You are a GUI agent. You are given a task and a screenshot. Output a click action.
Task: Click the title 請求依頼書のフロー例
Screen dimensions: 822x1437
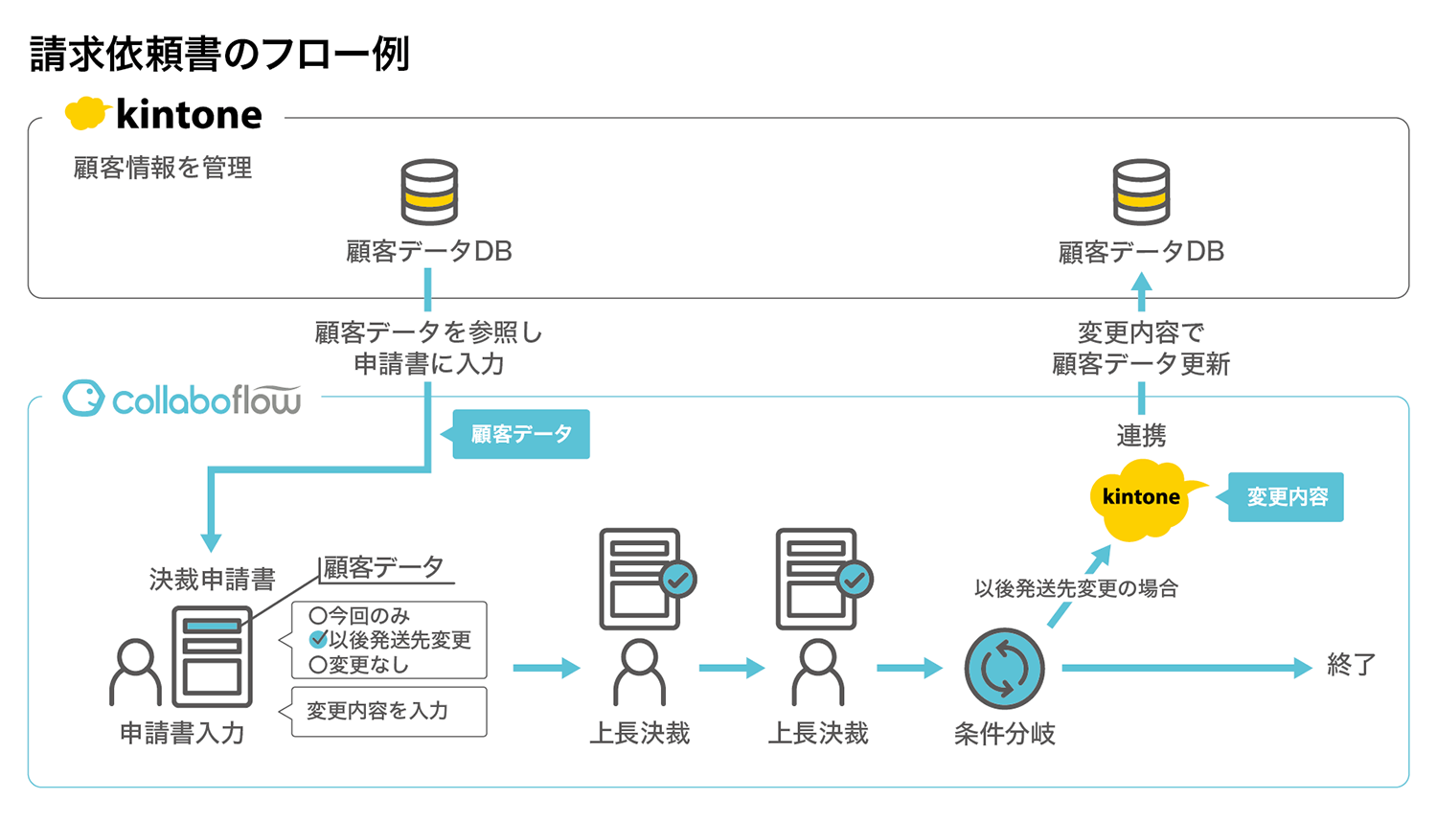(219, 54)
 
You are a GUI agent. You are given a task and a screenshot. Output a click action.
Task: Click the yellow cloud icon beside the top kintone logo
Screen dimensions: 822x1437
(84, 113)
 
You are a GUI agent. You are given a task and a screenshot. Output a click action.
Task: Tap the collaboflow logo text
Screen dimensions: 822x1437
(205, 400)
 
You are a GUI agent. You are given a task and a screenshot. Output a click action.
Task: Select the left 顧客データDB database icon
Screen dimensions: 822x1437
(428, 192)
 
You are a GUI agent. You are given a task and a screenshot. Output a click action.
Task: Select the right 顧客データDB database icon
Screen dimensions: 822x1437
(1141, 192)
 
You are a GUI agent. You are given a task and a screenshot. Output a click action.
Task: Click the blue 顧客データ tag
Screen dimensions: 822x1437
(520, 434)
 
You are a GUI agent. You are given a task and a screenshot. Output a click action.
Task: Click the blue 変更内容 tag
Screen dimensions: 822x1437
(1286, 496)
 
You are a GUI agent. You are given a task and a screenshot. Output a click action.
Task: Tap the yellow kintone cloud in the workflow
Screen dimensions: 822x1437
(1140, 498)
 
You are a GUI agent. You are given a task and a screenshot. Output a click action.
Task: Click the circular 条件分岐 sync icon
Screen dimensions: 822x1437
(1004, 668)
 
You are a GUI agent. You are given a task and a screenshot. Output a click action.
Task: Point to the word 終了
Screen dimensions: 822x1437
(1351, 665)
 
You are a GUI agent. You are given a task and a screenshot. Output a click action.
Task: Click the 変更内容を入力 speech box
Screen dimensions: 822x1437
(388, 711)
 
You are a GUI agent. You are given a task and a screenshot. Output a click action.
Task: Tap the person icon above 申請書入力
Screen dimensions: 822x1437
(135, 672)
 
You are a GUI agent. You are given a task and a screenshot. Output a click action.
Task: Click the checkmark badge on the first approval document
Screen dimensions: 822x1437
(678, 579)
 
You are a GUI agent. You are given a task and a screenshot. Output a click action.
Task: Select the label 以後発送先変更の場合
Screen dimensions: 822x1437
(1076, 588)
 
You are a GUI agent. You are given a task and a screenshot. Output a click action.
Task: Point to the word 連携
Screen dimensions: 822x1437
(1141, 436)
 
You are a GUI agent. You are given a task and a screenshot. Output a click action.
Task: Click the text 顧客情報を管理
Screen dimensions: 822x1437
(163, 169)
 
